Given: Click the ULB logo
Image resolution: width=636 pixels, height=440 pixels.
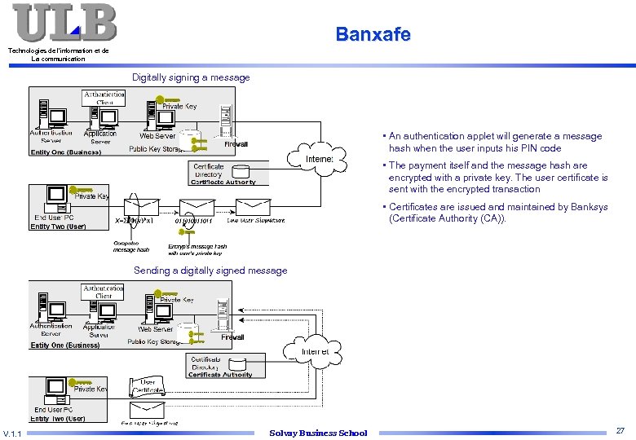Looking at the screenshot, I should (x=64, y=23).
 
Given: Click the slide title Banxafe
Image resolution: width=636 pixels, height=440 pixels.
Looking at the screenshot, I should (x=373, y=34).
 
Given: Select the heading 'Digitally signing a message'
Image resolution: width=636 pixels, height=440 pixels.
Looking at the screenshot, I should (x=191, y=77).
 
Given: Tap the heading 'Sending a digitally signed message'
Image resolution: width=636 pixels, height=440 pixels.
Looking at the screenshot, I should (x=210, y=271).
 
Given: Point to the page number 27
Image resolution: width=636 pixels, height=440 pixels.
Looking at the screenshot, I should (x=621, y=430).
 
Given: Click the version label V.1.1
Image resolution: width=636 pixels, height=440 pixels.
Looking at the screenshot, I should (x=12, y=433).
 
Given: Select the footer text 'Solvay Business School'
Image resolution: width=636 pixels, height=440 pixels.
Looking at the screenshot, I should (x=318, y=433).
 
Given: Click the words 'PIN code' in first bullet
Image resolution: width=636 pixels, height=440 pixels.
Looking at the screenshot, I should (x=541, y=148).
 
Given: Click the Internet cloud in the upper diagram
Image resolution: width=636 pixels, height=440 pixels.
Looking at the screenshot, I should (x=318, y=159).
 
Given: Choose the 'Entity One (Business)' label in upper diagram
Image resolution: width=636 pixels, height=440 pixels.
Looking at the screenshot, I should (x=65, y=152).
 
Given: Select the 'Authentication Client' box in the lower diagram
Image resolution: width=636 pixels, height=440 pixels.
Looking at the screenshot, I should (x=104, y=292).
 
